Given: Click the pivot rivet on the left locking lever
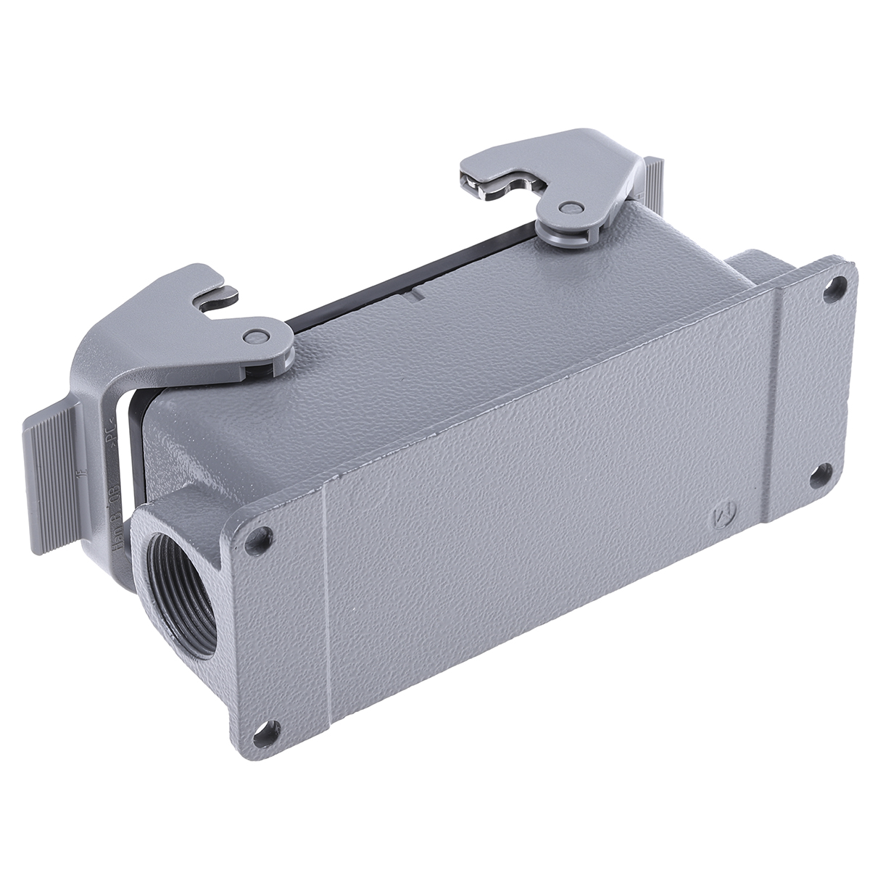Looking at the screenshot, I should coord(254,335).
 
